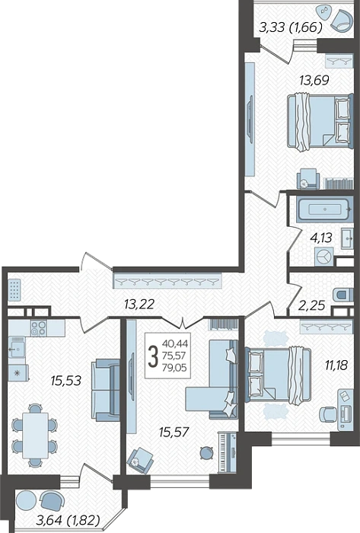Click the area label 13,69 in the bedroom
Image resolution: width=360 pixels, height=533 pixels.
point(314,80)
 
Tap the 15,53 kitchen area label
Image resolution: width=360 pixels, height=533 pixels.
point(66,381)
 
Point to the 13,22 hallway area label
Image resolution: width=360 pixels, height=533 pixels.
point(139,304)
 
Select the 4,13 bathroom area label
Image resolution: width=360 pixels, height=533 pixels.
point(320,238)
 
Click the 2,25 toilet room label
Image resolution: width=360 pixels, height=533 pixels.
point(311,305)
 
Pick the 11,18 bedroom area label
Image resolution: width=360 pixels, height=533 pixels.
point(336,365)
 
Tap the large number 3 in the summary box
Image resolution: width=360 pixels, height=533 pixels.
point(154,356)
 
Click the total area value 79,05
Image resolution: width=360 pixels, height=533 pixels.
point(174,368)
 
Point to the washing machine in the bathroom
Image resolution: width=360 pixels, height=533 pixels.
point(323,257)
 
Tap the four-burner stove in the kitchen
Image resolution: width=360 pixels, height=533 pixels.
point(38,328)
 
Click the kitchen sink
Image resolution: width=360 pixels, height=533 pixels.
point(17,347)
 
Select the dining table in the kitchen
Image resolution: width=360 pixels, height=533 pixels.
point(35,436)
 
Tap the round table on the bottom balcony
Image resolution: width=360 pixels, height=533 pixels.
point(26,500)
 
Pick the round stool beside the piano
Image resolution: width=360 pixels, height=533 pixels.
point(205,452)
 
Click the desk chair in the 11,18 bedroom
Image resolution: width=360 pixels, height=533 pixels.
point(327,414)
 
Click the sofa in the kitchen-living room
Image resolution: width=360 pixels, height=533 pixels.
point(105,390)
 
